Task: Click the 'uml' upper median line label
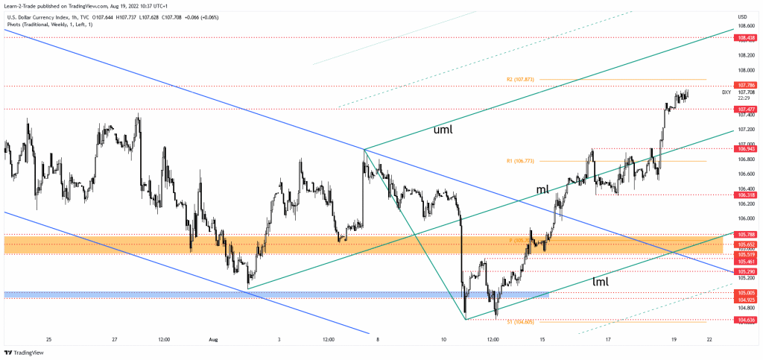(x=443, y=130)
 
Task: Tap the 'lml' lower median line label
(x=600, y=282)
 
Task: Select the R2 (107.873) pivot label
(x=520, y=79)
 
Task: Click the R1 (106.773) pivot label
(x=519, y=161)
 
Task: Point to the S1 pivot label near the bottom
(x=520, y=321)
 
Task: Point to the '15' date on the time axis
(x=542, y=339)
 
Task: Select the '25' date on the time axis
(x=48, y=339)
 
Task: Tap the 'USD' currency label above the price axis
(x=742, y=16)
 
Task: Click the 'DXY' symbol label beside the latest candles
(x=726, y=92)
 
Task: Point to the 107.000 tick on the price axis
(x=744, y=144)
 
